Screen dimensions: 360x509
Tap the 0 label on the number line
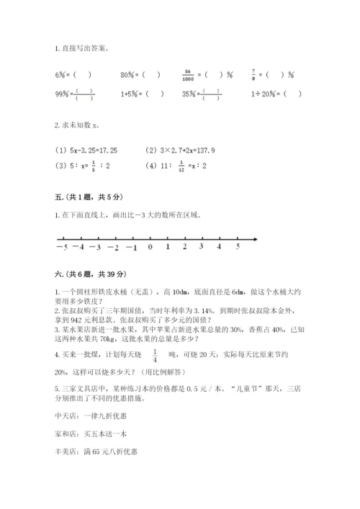[150, 247]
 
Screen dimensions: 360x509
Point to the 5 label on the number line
[238, 246]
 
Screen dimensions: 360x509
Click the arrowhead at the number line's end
[255, 238]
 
